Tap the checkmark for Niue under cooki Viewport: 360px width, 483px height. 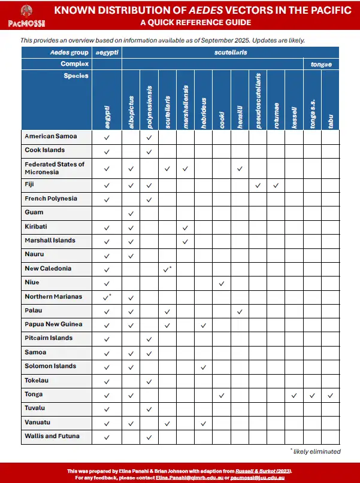[x=222, y=283]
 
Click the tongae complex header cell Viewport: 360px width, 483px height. [x=321, y=63]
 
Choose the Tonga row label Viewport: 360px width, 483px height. [x=35, y=394]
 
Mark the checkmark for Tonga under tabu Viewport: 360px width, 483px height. [x=331, y=396]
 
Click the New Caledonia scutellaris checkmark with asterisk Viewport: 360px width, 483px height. [x=168, y=269]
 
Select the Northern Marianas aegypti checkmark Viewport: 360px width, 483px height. [x=107, y=297]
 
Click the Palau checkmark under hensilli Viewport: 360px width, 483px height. [x=240, y=312]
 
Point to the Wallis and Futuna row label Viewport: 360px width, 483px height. [x=52, y=436]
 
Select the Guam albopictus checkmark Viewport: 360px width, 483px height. [x=131, y=214]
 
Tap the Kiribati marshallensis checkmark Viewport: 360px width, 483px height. [x=185, y=228]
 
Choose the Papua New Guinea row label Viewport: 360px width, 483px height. [x=53, y=324]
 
